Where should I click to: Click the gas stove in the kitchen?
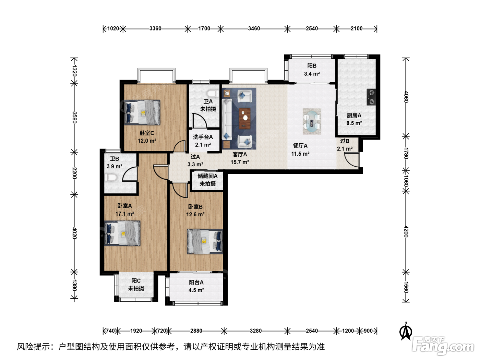371,97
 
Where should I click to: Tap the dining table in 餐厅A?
312,121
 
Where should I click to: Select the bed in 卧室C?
142,112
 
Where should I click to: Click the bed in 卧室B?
205,241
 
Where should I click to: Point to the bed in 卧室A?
122,233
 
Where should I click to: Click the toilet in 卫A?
213,94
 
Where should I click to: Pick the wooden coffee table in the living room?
245,118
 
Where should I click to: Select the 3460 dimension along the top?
254,29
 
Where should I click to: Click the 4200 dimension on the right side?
406,231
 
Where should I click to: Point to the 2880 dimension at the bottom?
196,331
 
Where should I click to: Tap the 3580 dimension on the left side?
74,117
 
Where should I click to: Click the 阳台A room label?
196,283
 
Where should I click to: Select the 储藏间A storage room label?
207,176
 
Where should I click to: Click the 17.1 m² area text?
125,214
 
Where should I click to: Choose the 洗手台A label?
203,137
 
